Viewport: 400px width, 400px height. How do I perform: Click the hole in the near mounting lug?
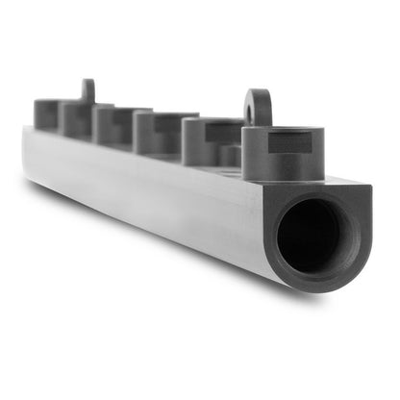[258, 110]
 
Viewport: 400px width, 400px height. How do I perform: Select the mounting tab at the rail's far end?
[87, 90]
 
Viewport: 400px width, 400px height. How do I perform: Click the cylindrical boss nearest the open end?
[281, 154]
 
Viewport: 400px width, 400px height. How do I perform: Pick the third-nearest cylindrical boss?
[154, 133]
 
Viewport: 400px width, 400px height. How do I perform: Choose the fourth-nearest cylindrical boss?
[111, 125]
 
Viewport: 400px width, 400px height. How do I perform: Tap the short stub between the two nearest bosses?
[230, 155]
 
